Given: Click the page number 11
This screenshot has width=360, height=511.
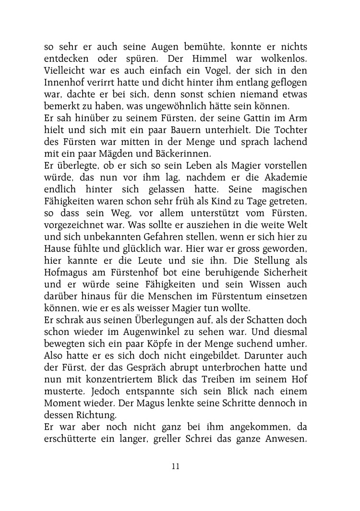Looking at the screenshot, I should point(175,466).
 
